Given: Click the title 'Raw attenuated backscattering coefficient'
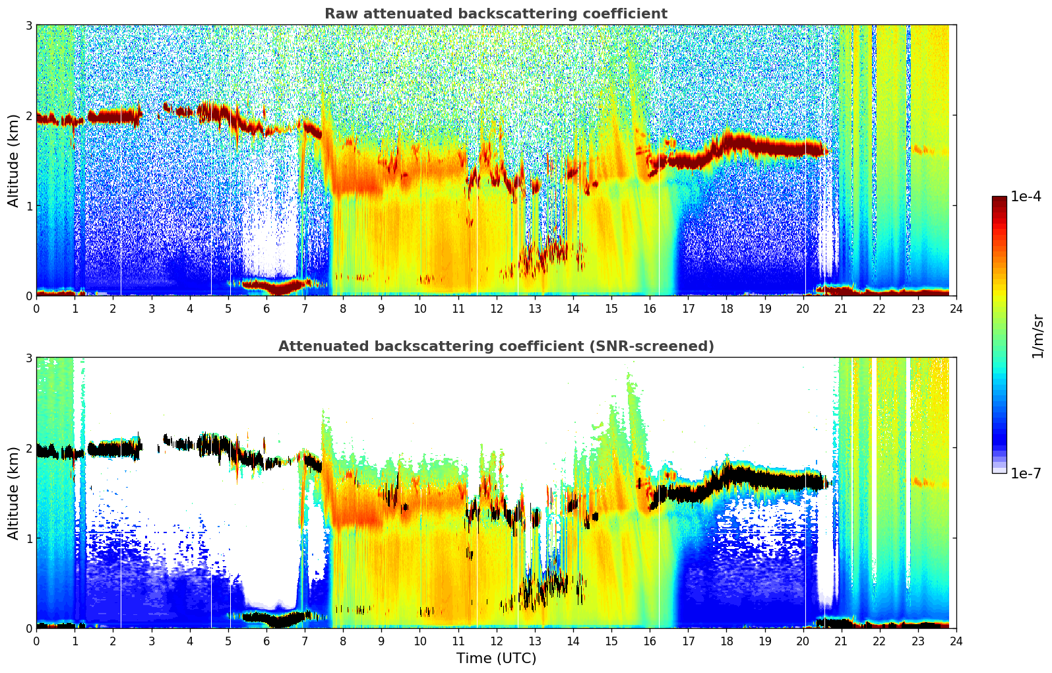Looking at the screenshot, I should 495,14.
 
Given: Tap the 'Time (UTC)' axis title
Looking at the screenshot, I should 496,658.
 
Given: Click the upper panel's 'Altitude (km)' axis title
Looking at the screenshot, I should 14,160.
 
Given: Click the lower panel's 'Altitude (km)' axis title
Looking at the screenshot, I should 14,493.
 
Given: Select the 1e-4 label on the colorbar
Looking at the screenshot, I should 1026,197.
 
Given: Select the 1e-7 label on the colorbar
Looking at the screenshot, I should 1026,473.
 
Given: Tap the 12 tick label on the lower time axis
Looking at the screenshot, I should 496,641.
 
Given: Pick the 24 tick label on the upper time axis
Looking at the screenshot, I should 956,308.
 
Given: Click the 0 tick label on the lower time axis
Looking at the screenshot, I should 36,641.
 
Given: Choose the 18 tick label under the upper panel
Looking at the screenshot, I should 726,308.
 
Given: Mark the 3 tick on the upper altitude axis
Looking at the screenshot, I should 28,25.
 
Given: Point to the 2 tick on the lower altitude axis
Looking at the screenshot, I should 28,448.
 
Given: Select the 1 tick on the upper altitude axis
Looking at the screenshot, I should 28,206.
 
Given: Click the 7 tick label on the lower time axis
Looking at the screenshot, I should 305,641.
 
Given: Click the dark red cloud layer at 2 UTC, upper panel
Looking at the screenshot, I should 113,117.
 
